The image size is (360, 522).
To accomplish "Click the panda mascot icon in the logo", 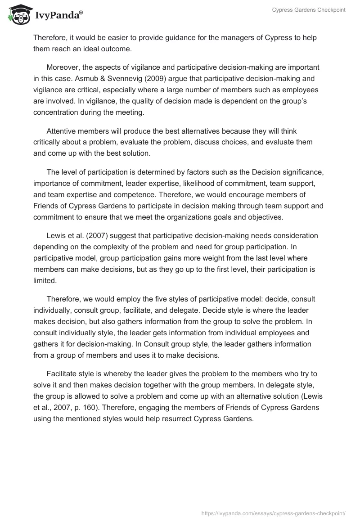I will point(17,14).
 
